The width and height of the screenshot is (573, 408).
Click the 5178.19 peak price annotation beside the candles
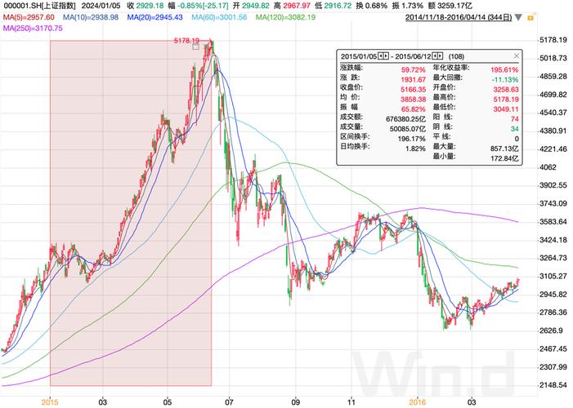coord(187,40)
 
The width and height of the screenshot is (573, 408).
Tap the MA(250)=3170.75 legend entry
coord(33,28)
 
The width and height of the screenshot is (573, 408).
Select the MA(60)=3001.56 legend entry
coord(217,16)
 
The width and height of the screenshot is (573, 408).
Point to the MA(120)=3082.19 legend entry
coord(284,16)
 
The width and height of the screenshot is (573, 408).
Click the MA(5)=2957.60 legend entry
coord(29,16)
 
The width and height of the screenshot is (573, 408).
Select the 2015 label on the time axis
coord(51,401)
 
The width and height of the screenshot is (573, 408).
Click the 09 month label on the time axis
coord(296,401)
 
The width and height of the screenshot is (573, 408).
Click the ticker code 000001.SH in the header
coord(22,5)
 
